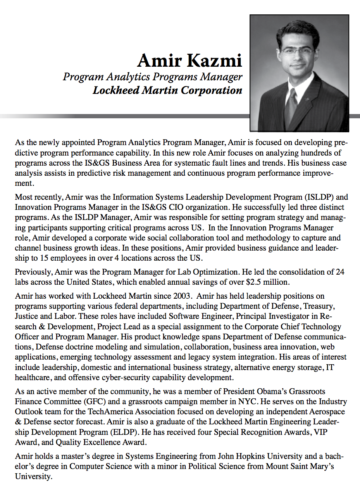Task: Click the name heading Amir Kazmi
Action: pos(189,61)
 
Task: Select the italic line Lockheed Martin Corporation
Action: pos(167,90)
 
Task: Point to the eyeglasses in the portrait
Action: pos(297,50)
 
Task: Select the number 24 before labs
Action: pos(340,272)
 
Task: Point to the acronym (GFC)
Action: pos(93,401)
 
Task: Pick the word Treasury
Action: pos(319,306)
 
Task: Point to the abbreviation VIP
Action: pos(320,432)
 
